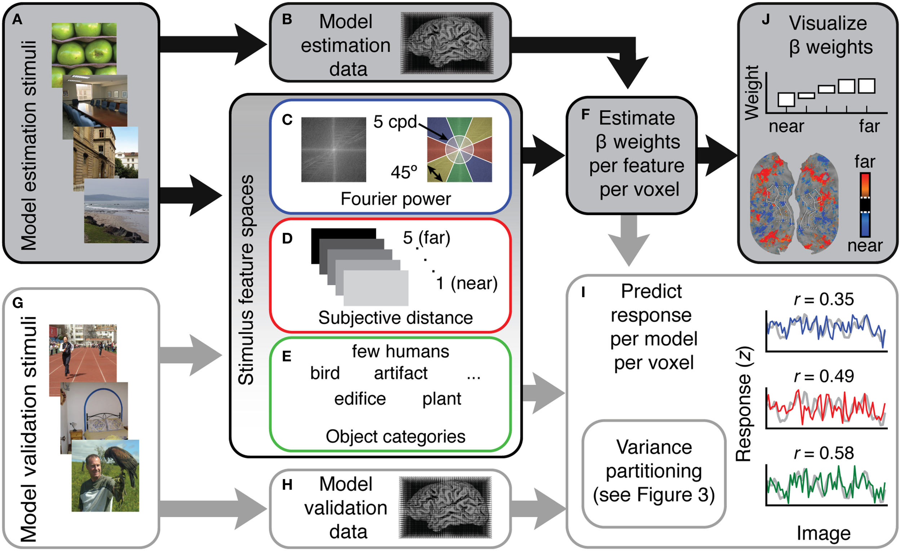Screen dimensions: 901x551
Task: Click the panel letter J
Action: [x=766, y=19]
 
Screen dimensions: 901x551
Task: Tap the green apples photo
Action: [x=84, y=55]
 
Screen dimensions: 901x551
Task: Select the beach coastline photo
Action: [x=116, y=211]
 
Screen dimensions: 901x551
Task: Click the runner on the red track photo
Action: [x=83, y=360]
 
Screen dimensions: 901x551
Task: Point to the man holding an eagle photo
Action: [x=105, y=476]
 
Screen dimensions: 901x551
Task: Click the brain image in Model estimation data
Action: [x=447, y=43]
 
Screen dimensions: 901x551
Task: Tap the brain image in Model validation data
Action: [x=445, y=507]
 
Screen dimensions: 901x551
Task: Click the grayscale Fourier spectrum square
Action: [x=333, y=149]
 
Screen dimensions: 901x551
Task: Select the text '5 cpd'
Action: [x=395, y=122]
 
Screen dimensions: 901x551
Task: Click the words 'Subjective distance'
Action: [x=396, y=318]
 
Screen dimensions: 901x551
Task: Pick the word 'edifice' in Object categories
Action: [x=360, y=399]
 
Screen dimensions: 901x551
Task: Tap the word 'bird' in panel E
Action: [x=325, y=373]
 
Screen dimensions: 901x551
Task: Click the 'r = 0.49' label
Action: [x=824, y=376]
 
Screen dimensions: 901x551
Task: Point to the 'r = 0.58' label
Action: [x=824, y=453]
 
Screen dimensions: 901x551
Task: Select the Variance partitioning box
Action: [x=654, y=474]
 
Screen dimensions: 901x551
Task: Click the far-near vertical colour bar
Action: [x=865, y=204]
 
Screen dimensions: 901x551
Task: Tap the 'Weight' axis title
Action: [x=752, y=93]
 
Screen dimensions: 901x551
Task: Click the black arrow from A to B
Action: [x=214, y=45]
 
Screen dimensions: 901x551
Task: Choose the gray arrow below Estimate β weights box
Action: [x=629, y=241]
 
